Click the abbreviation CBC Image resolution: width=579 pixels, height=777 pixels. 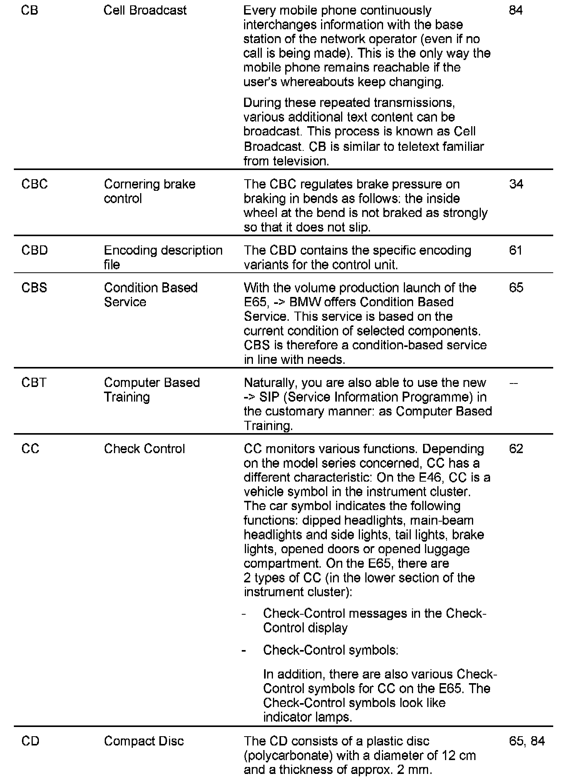(35, 184)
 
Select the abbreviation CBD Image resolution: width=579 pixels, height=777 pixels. (35, 250)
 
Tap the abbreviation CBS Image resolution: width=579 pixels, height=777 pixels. (34, 288)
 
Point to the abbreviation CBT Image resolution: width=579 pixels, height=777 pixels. (34, 383)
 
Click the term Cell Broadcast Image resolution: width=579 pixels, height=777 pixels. (145, 10)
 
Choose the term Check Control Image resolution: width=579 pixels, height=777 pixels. (144, 449)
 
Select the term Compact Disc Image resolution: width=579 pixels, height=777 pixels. (144, 741)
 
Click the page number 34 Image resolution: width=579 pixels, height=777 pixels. (516, 184)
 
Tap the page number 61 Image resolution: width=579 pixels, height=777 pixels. (515, 250)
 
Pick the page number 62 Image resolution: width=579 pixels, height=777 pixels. (516, 449)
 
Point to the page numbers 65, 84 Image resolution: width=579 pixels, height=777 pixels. (527, 741)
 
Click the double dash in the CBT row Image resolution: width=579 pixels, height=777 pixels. (514, 383)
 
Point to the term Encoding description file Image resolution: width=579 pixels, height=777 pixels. (163, 257)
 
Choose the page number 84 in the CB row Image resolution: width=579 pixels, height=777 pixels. (516, 10)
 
